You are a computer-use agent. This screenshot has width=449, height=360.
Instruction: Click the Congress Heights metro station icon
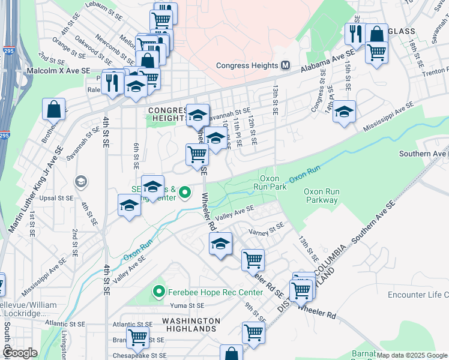pyautogui.click(x=285, y=65)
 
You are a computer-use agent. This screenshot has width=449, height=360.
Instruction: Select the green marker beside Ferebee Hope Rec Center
pyautogui.click(x=159, y=292)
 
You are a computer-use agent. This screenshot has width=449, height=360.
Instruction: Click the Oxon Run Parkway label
pyautogui.click(x=321, y=196)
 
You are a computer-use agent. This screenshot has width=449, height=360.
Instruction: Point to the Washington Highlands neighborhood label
pyautogui.click(x=188, y=325)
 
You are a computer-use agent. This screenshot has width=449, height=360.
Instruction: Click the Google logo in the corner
pyautogui.click(x=19, y=353)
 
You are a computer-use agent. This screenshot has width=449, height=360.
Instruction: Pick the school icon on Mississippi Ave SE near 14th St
pyautogui.click(x=344, y=112)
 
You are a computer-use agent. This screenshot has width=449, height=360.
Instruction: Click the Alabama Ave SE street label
pyautogui.click(x=327, y=62)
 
